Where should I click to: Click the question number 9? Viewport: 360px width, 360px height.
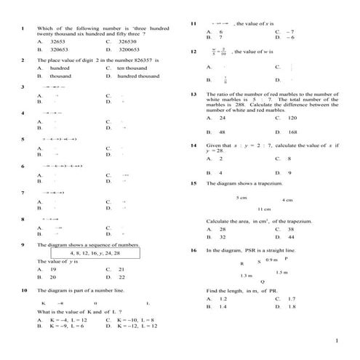click(x=24, y=245)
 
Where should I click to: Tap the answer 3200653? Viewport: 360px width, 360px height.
click(x=129, y=50)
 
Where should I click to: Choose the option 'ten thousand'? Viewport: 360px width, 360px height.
click(x=131, y=68)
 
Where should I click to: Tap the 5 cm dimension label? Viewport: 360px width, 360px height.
click(x=241, y=197)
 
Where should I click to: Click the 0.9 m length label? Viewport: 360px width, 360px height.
click(x=271, y=260)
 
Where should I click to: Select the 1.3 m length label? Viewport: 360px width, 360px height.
click(x=246, y=276)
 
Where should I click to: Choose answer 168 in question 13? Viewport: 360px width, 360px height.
click(x=293, y=132)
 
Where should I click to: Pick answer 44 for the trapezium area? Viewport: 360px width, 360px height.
click(x=291, y=237)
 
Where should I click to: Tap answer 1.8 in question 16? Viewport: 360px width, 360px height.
click(x=292, y=307)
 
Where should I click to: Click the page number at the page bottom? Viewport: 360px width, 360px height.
click(x=337, y=341)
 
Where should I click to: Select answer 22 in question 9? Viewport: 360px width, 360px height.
click(x=121, y=277)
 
